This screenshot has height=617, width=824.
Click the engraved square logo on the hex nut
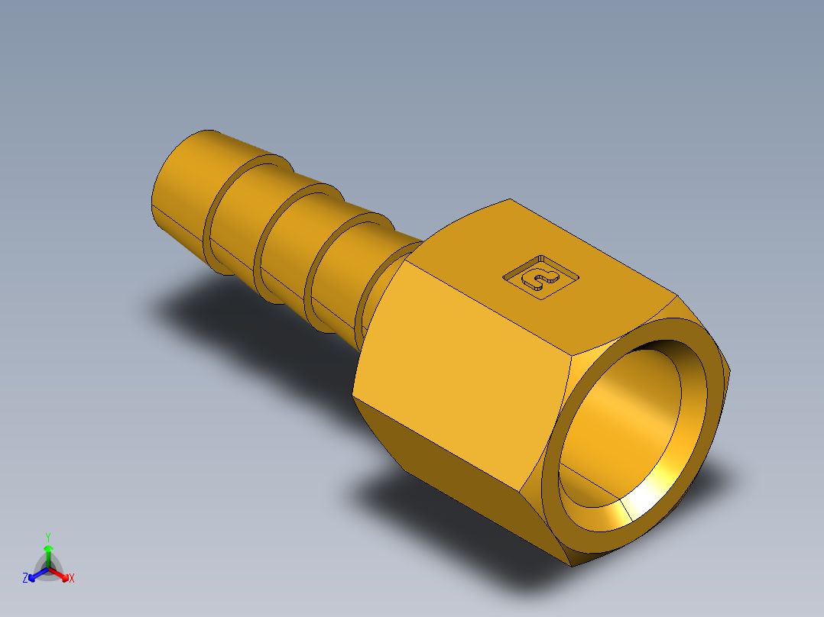[540, 276]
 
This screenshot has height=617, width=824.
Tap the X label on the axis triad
[72, 579]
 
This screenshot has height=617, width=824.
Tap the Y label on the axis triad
[48, 537]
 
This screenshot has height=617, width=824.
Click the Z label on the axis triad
[25, 579]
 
